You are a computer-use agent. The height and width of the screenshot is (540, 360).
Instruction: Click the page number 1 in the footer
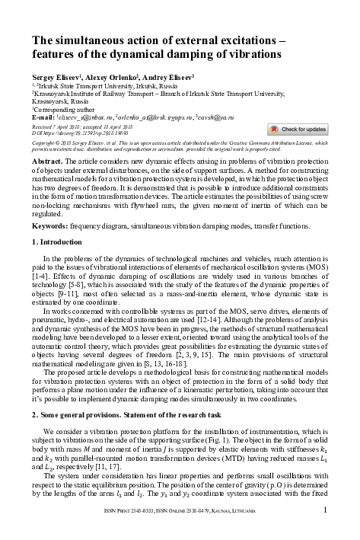[325, 530]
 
